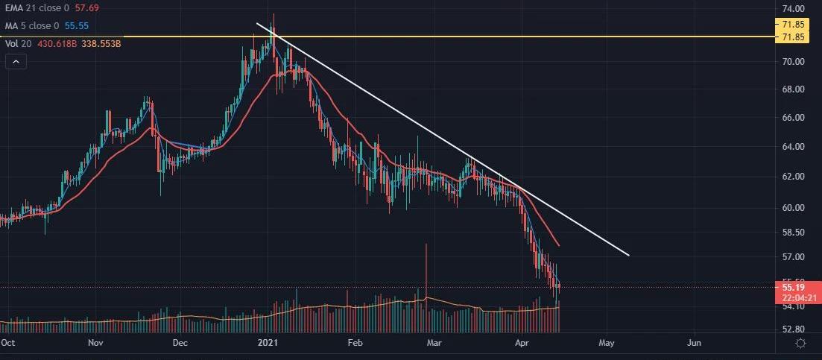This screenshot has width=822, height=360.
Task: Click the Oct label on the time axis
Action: coord(7,344)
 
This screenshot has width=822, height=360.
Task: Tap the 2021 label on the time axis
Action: coord(268,344)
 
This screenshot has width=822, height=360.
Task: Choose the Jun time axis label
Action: coord(694,344)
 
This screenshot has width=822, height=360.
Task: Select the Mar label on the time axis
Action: coord(434,344)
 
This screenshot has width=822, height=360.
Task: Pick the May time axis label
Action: coord(606,344)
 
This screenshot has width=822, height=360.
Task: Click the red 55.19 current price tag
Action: coord(791,286)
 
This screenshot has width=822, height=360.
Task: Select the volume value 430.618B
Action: coord(57,44)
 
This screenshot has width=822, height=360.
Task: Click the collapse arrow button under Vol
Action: coord(16,63)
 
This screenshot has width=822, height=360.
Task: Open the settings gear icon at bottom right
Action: coord(800,344)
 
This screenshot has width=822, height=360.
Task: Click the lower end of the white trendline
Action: coord(628,255)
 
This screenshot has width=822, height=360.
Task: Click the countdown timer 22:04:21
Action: coord(791,297)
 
